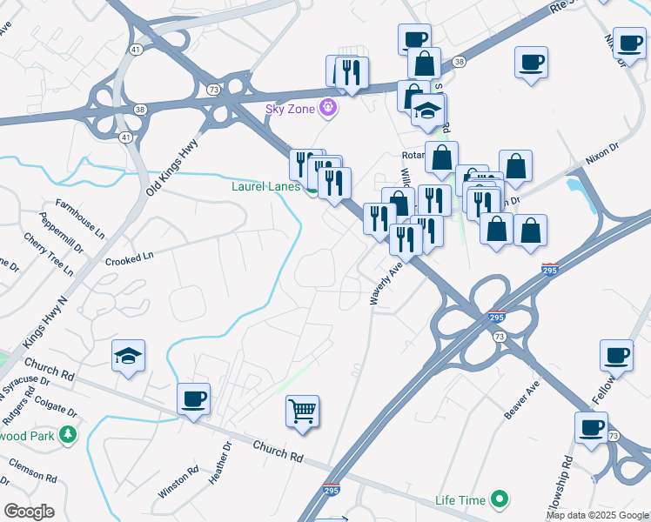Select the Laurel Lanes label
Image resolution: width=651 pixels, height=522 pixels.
pyautogui.click(x=266, y=186)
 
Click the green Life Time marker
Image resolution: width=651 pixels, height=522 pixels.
pyautogui.click(x=499, y=500)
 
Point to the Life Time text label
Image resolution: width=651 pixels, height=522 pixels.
pyautogui.click(x=461, y=501)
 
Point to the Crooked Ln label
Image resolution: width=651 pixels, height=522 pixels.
pyautogui.click(x=129, y=258)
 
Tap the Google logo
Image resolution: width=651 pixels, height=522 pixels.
pyautogui.click(x=29, y=512)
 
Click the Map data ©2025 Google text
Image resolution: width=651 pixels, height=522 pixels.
pyautogui.click(x=596, y=515)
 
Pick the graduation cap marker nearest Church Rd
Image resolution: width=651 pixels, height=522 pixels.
pyautogui.click(x=128, y=356)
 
